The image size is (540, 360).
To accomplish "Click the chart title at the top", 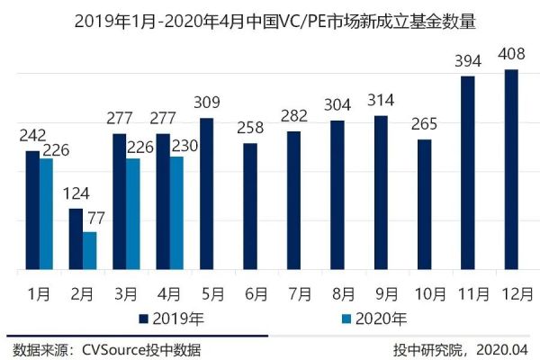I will (270, 20).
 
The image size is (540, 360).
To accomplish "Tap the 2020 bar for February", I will (90, 251).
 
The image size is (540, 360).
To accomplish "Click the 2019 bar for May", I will (206, 193).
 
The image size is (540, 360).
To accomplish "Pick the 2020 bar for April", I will (177, 213).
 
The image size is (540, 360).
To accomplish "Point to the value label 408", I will (510, 54).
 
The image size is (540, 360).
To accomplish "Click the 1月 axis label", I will (39, 293).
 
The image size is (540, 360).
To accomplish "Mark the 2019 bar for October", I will (424, 204).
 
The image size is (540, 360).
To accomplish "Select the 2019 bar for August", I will (337, 194).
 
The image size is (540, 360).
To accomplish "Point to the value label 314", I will (381, 99).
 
